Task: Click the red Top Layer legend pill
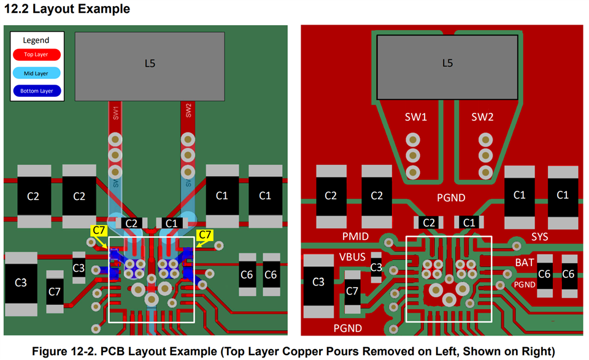pyautogui.click(x=36, y=55)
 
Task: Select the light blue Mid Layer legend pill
pyautogui.click(x=36, y=73)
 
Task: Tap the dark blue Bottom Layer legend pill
pyautogui.click(x=36, y=91)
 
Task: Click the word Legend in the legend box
pyautogui.click(x=36, y=40)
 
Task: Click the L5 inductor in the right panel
pyautogui.click(x=447, y=63)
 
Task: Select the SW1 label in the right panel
pyautogui.click(x=415, y=117)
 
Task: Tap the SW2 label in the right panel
pyautogui.click(x=482, y=117)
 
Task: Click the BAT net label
pyautogui.click(x=524, y=262)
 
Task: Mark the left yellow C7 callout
pyautogui.click(x=99, y=231)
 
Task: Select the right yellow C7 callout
pyautogui.click(x=206, y=235)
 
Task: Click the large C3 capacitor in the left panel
pyautogui.click(x=20, y=283)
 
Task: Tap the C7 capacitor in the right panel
pyautogui.click(x=352, y=291)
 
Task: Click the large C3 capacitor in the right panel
pyautogui.click(x=318, y=282)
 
